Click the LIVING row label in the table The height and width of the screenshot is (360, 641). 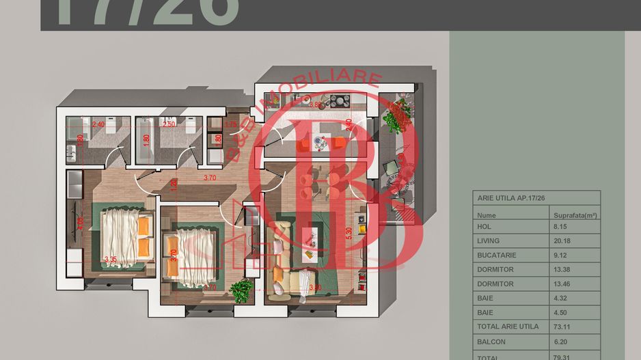[489, 240]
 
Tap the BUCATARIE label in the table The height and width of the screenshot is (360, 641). [496, 255]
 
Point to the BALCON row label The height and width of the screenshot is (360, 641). [491, 341]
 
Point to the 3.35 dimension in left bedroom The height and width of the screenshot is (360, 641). [111, 260]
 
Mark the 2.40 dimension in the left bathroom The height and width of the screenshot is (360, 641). [98, 125]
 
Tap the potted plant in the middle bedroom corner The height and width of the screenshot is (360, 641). [241, 290]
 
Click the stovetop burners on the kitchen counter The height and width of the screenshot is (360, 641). [339, 101]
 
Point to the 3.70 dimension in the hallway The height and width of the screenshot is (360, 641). [210, 178]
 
